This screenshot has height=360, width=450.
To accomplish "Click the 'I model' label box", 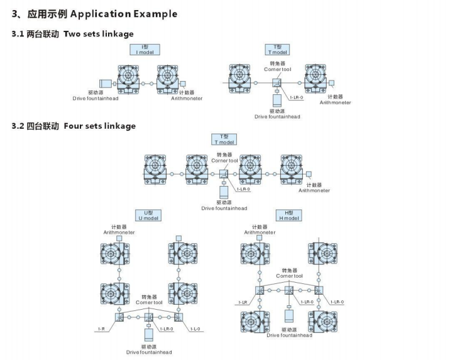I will pos(145,49).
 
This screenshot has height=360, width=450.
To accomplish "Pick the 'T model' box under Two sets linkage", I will pos(277,49).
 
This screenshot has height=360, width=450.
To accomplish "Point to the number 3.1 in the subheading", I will pos(19,34).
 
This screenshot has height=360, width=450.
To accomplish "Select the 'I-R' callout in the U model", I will pos(101,329).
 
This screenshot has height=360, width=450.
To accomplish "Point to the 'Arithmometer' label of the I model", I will pos(187,99).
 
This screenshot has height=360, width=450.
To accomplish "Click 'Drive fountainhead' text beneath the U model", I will pos(149,352).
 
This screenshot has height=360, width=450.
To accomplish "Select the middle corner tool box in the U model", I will pos(150,317).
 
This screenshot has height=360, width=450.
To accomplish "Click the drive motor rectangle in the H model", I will pos(289,314).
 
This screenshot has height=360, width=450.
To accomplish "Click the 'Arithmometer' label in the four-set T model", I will pos(314,190).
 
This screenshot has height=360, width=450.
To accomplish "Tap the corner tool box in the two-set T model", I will pos(277,83).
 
